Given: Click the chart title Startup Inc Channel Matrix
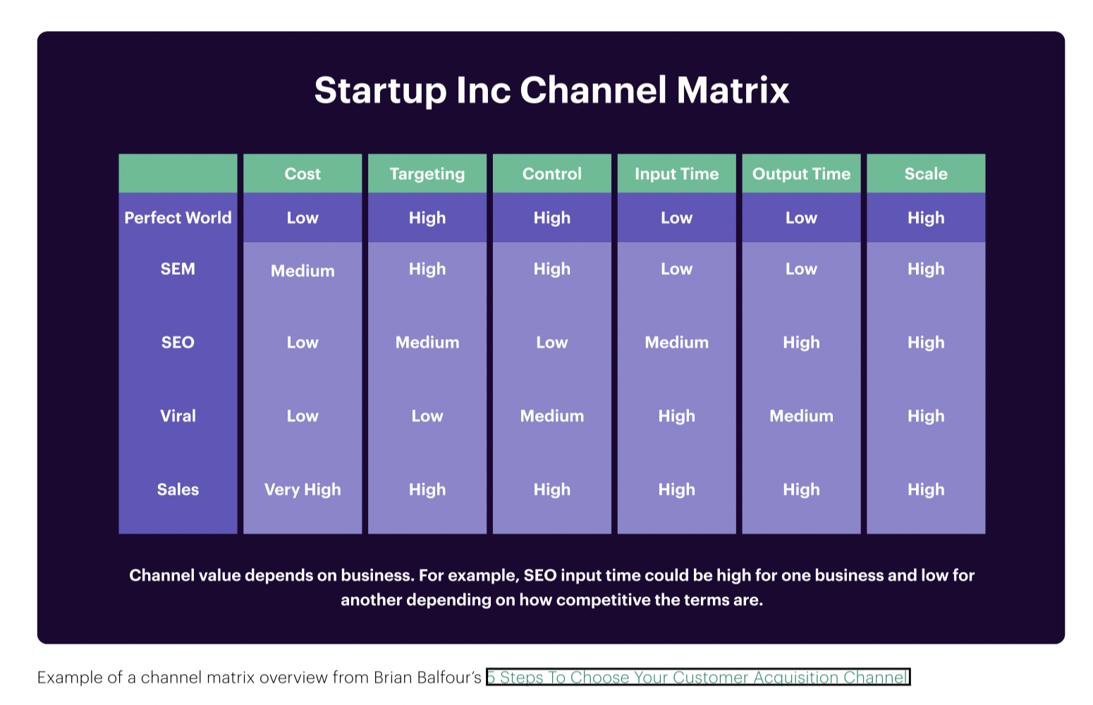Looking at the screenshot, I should pyautogui.click(x=551, y=90).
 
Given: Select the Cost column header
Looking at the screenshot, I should pyautogui.click(x=303, y=174).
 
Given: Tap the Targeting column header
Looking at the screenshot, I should pyautogui.click(x=427, y=174).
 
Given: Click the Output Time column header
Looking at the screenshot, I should pyautogui.click(x=801, y=174).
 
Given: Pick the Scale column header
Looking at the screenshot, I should pyautogui.click(x=926, y=174).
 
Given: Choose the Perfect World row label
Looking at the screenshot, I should pyautogui.click(x=178, y=218).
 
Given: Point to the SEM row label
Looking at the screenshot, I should pyautogui.click(x=178, y=269).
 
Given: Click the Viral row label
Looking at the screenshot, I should pyautogui.click(x=178, y=416).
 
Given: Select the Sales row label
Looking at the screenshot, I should pyautogui.click(x=178, y=489).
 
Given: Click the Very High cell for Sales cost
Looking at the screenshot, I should pyautogui.click(x=303, y=489).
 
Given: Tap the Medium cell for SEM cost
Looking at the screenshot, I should pyautogui.click(x=303, y=271).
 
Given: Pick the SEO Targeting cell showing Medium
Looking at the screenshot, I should pyautogui.click(x=427, y=343).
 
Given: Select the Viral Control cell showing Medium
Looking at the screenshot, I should pyautogui.click(x=552, y=416).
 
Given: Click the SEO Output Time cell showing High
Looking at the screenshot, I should pyautogui.click(x=801, y=343).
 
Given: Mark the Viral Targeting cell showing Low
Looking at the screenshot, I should pyautogui.click(x=427, y=416).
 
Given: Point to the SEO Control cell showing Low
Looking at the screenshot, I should pyautogui.click(x=552, y=343).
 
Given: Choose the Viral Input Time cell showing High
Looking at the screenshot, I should pyautogui.click(x=676, y=416).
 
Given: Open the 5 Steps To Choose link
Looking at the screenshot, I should pyautogui.click(x=698, y=678).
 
